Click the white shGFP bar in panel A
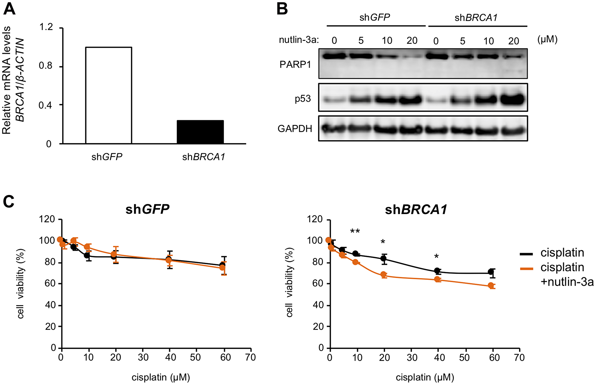(108, 95)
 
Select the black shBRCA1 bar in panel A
(200, 132)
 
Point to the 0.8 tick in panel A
(46, 66)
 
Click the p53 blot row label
(303, 99)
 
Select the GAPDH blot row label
(295, 129)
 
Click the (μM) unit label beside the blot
(547, 39)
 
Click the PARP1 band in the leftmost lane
(334, 56)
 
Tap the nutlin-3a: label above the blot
(299, 40)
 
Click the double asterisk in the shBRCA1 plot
(355, 231)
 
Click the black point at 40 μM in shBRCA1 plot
(437, 271)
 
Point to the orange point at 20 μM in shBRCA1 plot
(384, 275)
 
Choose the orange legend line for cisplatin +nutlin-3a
(526, 269)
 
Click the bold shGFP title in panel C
(147, 209)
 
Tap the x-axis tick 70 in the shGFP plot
(251, 357)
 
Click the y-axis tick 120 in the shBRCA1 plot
(315, 219)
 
